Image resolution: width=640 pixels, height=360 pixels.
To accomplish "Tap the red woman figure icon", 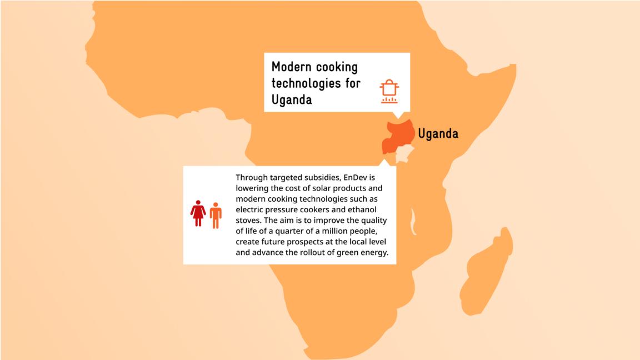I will click(x=198, y=214).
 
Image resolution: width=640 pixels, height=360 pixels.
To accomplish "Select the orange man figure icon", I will click(x=216, y=215).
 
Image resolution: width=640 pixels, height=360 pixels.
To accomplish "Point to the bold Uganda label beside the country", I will click(x=438, y=134).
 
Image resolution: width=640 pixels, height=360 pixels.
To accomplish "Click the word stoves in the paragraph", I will click(x=248, y=221).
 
